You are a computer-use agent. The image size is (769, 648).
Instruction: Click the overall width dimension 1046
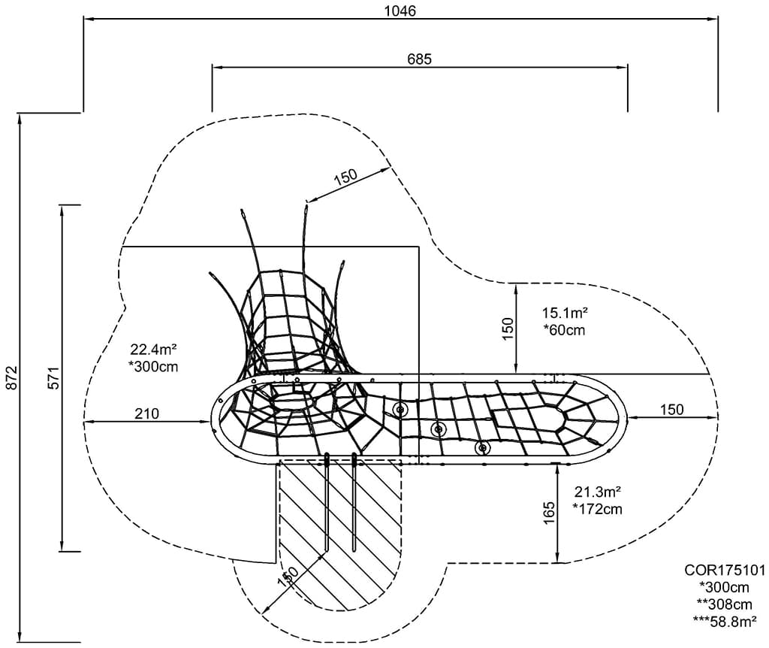(400, 11)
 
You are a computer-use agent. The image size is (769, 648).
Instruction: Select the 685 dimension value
(419, 59)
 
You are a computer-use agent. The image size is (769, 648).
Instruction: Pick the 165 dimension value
(548, 513)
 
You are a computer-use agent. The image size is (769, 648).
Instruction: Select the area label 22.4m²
(152, 350)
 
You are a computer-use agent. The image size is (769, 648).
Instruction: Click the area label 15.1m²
(564, 312)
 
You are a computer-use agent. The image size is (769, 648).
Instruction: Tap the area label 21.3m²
(597, 492)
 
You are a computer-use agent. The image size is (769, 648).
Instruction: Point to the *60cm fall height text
(563, 329)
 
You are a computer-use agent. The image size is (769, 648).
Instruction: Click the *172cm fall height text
(597, 510)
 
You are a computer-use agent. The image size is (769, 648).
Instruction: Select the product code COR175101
(725, 571)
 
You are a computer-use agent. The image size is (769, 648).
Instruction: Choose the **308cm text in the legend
(724, 604)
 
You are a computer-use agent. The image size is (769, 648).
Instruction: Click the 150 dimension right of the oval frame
(671, 409)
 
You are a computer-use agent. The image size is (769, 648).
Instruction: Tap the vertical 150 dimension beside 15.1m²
(508, 329)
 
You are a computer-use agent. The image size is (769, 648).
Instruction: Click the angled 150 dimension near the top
(345, 177)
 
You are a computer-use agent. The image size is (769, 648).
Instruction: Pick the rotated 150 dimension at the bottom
(288, 577)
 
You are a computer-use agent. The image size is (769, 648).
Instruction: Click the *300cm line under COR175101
(724, 587)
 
